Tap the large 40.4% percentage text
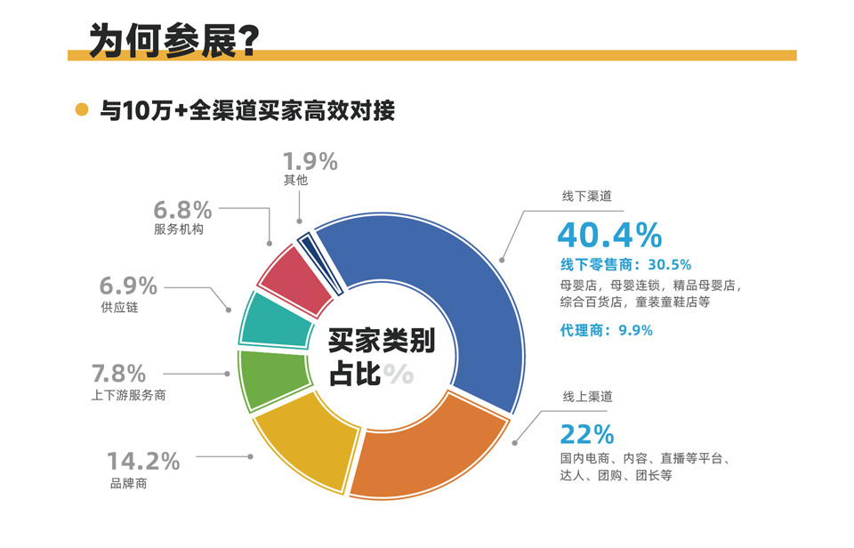pos(609,236)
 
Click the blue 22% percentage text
pos(586,434)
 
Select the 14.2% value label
pos(143,462)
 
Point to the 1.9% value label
pos(310,162)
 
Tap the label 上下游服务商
pos(128,396)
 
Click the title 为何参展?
pos(174,41)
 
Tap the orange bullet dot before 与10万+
pos(82,110)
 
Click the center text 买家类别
pos(381,342)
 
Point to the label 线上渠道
pos(586,396)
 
